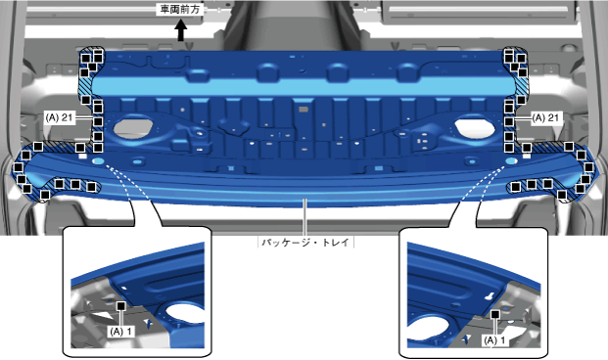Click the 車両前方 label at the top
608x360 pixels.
pyautogui.click(x=180, y=10)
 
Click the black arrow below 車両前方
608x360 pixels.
pyautogui.click(x=181, y=30)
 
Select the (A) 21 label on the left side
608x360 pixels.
pyautogui.click(x=59, y=117)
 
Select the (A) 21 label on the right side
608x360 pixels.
pyautogui.click(x=546, y=117)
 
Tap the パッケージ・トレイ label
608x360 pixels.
pyautogui.click(x=305, y=243)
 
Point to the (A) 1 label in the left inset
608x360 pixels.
pyautogui.click(x=120, y=332)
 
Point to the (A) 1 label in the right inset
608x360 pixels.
pyautogui.click(x=494, y=340)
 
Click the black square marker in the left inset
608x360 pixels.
pyautogui.click(x=121, y=306)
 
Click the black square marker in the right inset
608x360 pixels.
pyautogui.click(x=494, y=315)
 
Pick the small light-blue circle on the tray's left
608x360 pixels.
pyautogui.click(x=99, y=160)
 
